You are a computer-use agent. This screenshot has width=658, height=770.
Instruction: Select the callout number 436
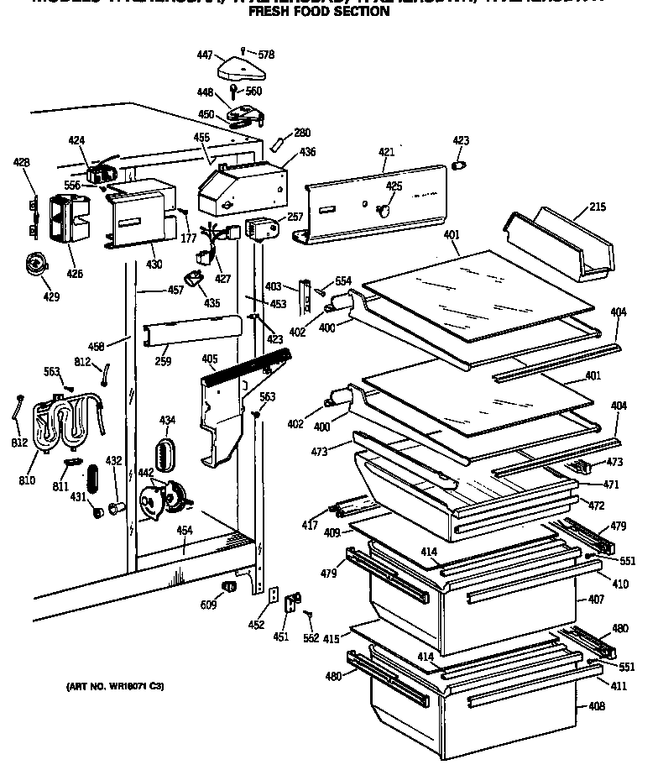[308, 152]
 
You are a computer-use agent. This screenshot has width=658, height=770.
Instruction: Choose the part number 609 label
[207, 605]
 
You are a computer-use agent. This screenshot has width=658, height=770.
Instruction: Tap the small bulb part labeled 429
[35, 263]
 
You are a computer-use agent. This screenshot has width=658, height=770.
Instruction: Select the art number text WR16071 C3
[114, 687]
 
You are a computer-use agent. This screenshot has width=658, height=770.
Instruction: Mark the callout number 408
[596, 706]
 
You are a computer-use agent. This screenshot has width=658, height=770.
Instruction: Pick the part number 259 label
[163, 362]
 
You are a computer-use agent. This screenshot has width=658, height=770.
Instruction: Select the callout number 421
[386, 152]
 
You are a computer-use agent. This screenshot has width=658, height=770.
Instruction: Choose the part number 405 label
[210, 359]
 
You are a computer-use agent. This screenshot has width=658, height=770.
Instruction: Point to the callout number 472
[597, 506]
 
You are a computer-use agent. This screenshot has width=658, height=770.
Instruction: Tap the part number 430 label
[154, 265]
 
